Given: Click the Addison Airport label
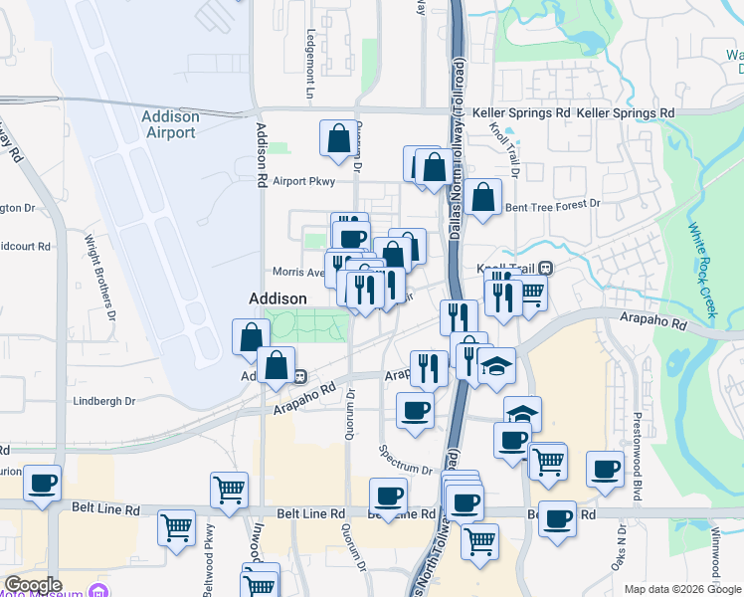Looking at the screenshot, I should tap(170, 124).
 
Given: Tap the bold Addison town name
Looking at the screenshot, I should tap(278, 298).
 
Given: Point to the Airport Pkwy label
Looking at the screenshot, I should tap(301, 181).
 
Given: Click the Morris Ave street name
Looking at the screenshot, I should tap(298, 272).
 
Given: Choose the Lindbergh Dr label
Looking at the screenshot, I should tap(103, 401).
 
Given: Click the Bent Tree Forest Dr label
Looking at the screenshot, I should tap(553, 205).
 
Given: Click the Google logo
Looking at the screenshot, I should tap(33, 585).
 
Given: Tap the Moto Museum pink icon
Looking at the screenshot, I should tap(97, 592).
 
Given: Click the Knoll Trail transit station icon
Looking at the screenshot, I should tap(546, 267).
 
